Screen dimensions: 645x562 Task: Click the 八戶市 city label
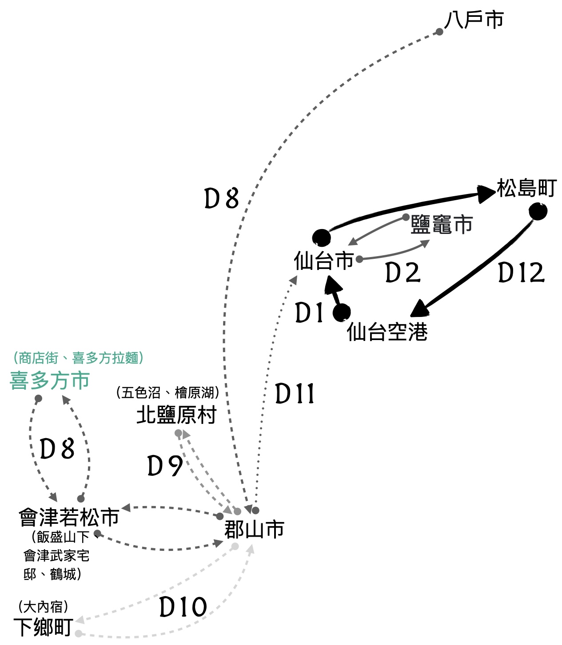[474, 20]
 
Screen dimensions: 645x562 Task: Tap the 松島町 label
[526, 188]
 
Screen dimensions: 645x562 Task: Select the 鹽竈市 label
[441, 225]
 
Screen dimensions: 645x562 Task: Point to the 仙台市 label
[323, 261]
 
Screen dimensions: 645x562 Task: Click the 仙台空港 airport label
[387, 332]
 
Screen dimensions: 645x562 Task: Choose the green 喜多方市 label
[50, 380]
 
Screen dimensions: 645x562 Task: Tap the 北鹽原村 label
[176, 415]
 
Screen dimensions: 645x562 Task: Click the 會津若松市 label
[69, 517]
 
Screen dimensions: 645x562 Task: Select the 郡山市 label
[254, 529]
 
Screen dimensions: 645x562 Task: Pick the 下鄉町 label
[43, 627]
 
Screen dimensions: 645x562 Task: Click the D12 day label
[521, 273]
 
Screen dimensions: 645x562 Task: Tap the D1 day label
[309, 313]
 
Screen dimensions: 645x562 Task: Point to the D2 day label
[403, 273]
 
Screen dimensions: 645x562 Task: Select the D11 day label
[295, 394]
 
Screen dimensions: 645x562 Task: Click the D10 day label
[183, 607]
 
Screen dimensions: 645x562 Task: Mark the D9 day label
[165, 466]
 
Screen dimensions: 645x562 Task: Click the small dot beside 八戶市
[439, 32]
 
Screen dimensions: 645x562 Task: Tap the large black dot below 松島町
[538, 212]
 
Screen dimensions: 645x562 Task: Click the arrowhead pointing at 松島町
[486, 194]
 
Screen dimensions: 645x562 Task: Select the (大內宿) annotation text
[43, 606]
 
